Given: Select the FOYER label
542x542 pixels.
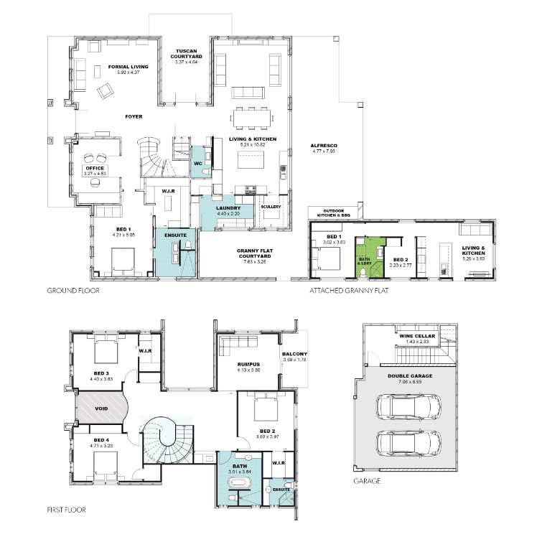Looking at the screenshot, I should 134,116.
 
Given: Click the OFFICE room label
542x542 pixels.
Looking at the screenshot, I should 94,169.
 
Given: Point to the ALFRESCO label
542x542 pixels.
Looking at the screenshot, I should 324,147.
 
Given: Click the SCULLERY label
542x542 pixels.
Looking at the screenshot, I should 271,207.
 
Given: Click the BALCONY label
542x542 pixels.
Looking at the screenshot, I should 294,355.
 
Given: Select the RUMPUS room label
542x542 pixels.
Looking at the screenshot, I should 248,364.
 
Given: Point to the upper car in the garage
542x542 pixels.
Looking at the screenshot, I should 407,408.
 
